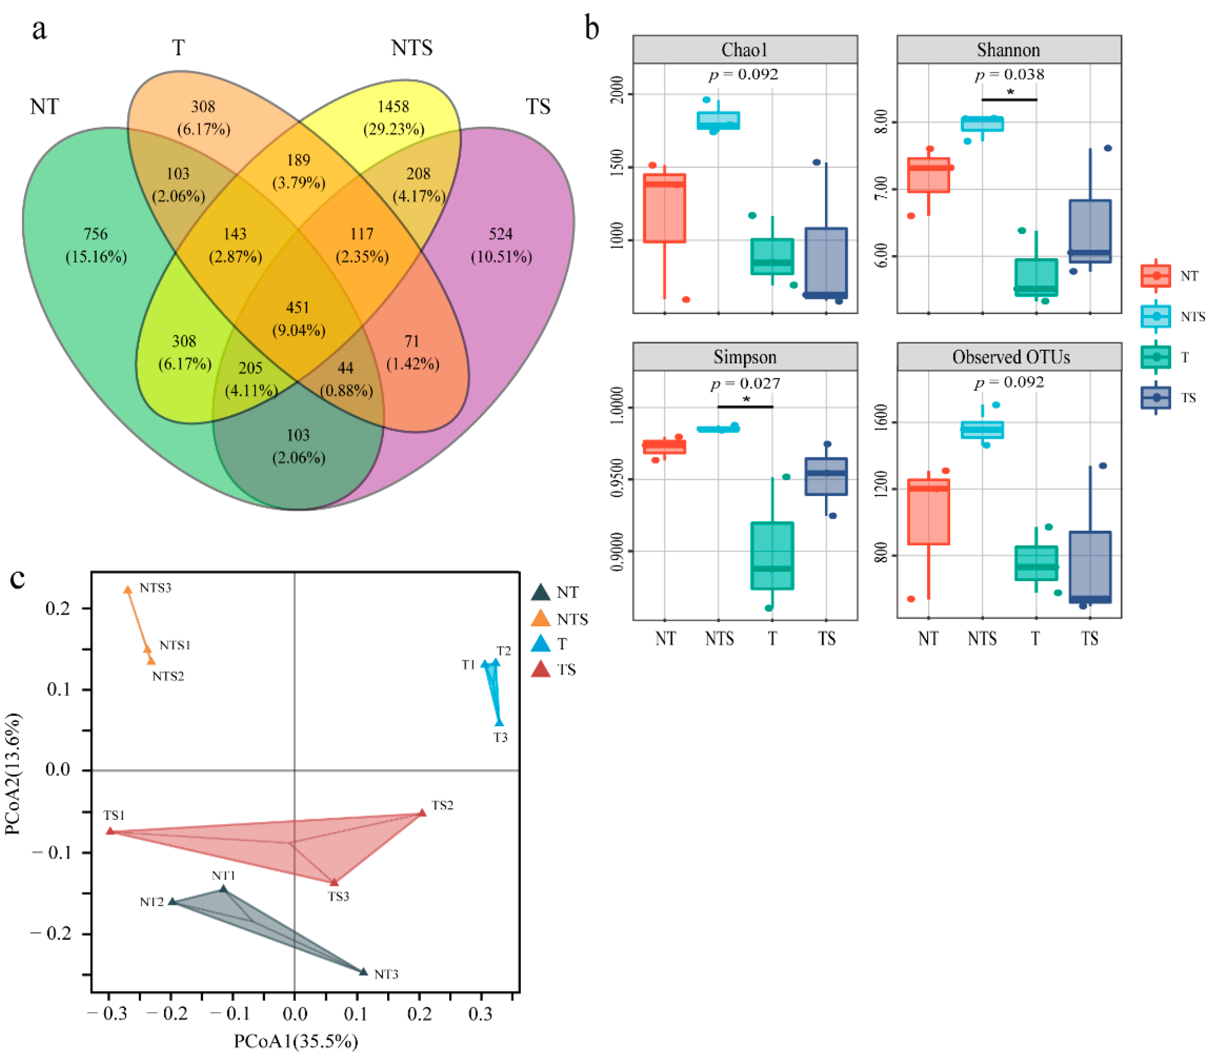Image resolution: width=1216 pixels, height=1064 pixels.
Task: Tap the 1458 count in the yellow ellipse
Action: pos(393,107)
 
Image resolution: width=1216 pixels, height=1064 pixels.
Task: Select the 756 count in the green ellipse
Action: pos(96,234)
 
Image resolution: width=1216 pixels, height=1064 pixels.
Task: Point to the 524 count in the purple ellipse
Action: pos(501,234)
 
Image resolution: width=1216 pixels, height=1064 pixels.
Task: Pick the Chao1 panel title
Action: pos(745,50)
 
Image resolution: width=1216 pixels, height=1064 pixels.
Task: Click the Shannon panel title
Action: pos(1008,50)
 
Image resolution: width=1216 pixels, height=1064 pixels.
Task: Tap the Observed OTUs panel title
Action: pos(1011,357)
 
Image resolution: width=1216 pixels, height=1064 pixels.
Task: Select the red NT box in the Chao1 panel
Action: pos(664,208)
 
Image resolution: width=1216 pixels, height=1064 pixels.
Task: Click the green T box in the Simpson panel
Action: pos(772,555)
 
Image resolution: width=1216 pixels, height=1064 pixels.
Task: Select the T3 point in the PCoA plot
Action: pos(500,722)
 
